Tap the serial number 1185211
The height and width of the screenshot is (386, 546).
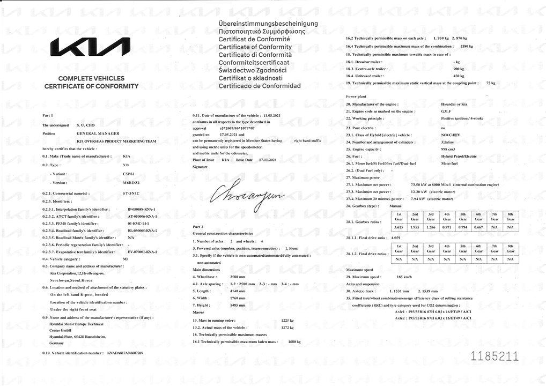(x=494, y=355)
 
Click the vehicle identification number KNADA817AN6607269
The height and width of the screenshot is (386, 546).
(x=125, y=354)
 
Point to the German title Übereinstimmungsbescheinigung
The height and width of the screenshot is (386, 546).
(x=268, y=24)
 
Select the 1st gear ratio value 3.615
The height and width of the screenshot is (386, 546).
(x=399, y=227)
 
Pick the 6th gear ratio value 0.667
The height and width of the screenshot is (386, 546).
(x=479, y=227)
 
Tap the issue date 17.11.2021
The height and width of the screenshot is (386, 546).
(x=267, y=160)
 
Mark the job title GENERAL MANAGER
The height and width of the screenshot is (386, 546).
(x=98, y=133)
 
